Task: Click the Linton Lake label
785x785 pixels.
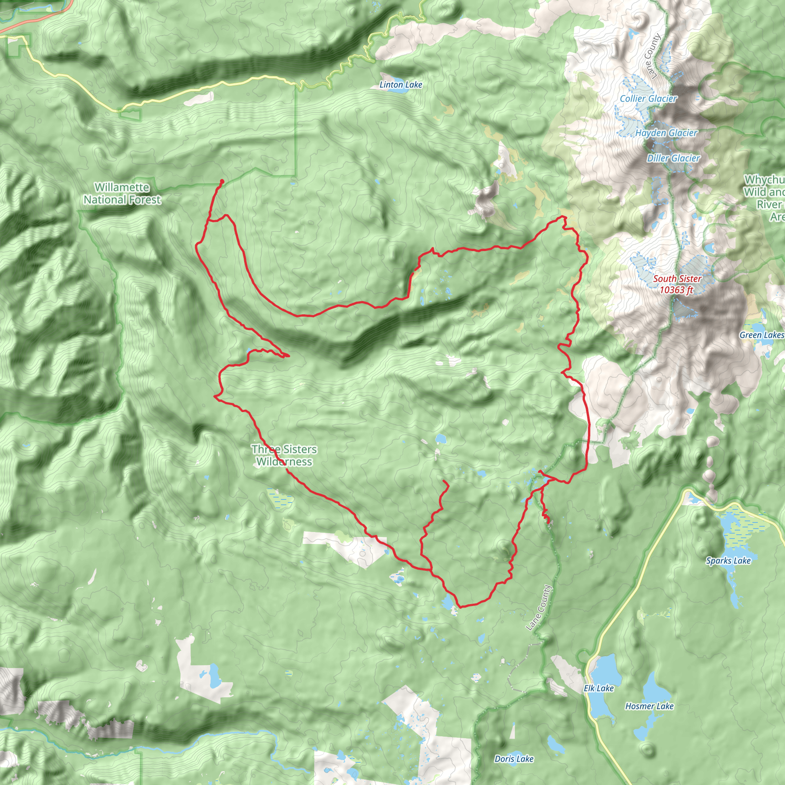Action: pyautogui.click(x=401, y=84)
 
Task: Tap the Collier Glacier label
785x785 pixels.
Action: pyautogui.click(x=648, y=99)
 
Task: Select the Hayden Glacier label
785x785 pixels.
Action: pyautogui.click(x=666, y=133)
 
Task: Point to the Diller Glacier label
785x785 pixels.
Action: pyautogui.click(x=673, y=158)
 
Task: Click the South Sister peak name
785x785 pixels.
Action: pyautogui.click(x=677, y=279)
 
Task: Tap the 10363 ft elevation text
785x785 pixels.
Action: pyautogui.click(x=676, y=290)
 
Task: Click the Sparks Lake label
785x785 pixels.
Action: pyautogui.click(x=728, y=561)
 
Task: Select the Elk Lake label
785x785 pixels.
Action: pyautogui.click(x=598, y=688)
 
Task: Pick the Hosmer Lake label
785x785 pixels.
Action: pyautogui.click(x=649, y=706)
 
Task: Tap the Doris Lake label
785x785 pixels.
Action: pyautogui.click(x=514, y=759)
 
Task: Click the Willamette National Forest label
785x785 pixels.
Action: pyautogui.click(x=122, y=194)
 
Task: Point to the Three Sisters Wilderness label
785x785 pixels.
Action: pyautogui.click(x=284, y=455)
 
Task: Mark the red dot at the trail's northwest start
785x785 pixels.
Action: pyautogui.click(x=222, y=181)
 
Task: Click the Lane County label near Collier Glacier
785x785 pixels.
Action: pyautogui.click(x=652, y=56)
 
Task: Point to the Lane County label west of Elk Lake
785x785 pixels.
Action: pyautogui.click(x=539, y=608)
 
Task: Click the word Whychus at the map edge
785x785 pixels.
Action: pyautogui.click(x=764, y=180)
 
